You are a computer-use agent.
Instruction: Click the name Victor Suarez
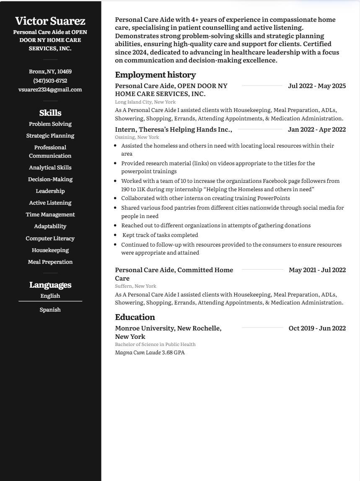pos(50,21)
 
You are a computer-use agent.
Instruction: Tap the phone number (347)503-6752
pos(50,81)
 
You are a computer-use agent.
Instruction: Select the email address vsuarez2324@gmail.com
pos(50,89)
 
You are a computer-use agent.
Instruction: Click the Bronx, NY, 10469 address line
pos(50,71)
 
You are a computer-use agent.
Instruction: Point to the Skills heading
pos(50,113)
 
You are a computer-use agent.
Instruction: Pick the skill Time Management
pos(50,214)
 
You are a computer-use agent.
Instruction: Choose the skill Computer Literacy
pos(50,238)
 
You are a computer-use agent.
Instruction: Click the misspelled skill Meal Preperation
pos(50,262)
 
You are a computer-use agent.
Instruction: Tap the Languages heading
pos(50,285)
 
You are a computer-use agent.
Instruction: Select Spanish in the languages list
pos(50,309)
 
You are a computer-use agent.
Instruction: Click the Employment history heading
pos(155,75)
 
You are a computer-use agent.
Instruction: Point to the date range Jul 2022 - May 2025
pos(317,86)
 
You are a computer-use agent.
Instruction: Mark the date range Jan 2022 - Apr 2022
pos(317,130)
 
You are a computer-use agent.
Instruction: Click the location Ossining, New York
pos(137,137)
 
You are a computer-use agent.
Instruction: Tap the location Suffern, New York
pos(135,286)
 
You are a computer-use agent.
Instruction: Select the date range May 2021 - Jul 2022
pos(317,270)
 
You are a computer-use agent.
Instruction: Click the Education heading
pos(135,317)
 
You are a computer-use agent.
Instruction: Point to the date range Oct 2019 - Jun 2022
pos(317,328)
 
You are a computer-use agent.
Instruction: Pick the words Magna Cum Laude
pos(138,352)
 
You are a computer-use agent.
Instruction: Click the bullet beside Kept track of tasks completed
pos(116,235)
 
